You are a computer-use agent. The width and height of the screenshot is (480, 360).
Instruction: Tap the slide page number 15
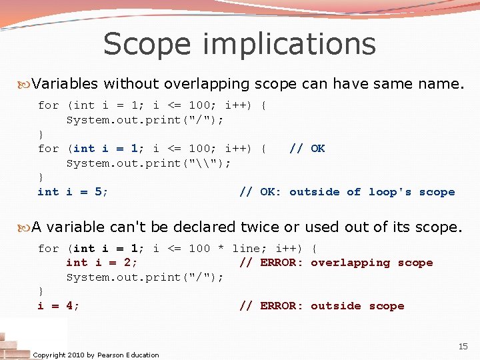(x=463, y=347)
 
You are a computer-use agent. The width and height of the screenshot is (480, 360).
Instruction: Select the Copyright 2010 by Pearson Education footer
(x=96, y=355)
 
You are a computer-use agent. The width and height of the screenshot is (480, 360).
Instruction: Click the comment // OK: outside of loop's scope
(x=347, y=192)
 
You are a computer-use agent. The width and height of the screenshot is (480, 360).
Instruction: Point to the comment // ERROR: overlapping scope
(x=336, y=263)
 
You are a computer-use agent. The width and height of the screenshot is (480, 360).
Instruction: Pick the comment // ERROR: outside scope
(x=321, y=306)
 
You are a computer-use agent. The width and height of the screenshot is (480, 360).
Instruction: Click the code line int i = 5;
(x=73, y=192)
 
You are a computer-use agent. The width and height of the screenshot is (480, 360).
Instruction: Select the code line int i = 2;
(x=102, y=263)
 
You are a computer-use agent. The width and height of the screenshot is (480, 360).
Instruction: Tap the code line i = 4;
(x=59, y=306)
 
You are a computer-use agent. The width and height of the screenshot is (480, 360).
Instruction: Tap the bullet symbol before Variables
(x=27, y=85)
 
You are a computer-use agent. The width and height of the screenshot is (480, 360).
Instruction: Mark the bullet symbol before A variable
(x=27, y=227)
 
